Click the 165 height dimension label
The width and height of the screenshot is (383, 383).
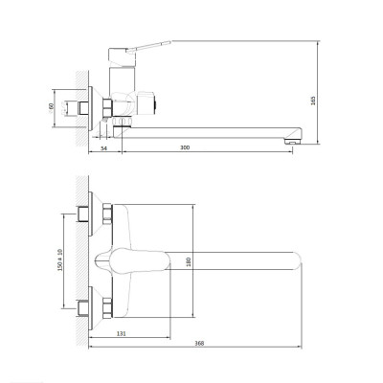click(x=313, y=101)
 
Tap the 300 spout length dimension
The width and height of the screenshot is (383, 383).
click(x=185, y=147)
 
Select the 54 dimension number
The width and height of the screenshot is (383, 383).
click(x=103, y=148)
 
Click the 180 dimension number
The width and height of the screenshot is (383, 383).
click(x=189, y=261)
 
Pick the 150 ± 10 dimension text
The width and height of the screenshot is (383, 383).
click(x=60, y=259)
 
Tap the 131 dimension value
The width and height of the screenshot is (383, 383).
click(x=122, y=333)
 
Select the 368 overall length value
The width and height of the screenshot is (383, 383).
click(x=199, y=344)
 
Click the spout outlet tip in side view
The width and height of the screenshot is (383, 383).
click(x=293, y=141)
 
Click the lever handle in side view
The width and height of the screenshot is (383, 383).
click(x=149, y=46)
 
